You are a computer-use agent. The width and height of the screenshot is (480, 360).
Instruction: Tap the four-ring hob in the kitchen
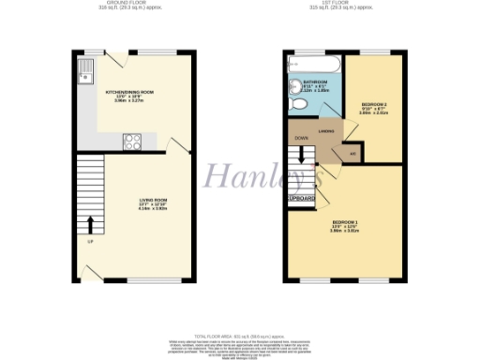132,142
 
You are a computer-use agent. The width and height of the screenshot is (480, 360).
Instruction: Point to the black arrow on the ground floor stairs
90,223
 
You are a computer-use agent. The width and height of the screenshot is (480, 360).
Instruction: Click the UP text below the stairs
90,243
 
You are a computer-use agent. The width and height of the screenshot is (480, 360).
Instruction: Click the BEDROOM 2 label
374,105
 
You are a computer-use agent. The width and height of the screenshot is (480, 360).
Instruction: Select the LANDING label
327,132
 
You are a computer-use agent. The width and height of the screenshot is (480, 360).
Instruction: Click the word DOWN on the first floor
302,139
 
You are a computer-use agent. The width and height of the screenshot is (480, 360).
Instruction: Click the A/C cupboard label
352,154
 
